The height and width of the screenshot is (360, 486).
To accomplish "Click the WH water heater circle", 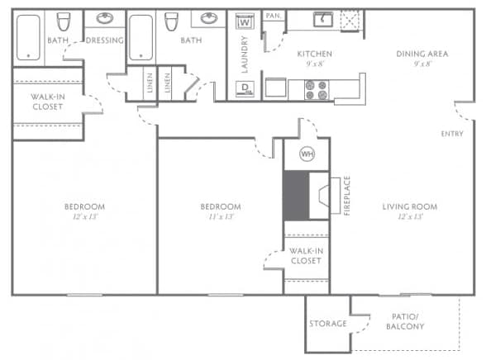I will (x=307, y=154).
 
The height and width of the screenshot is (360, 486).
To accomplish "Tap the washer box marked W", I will (x=245, y=22).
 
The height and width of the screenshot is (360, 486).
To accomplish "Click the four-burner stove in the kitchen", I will (x=317, y=88).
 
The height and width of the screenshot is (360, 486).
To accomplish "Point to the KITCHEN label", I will (x=314, y=54).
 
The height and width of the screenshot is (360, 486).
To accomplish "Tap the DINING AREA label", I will (x=422, y=54).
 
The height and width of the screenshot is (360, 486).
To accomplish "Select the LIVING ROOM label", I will (x=409, y=206).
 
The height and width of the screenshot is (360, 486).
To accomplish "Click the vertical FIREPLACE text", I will (x=348, y=196).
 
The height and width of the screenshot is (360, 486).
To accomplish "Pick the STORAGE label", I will (x=328, y=323).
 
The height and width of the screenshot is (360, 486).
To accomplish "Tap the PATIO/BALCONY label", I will (x=405, y=321).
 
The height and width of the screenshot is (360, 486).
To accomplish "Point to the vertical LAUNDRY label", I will (x=245, y=55).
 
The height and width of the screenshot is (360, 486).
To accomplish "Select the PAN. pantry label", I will (x=273, y=16).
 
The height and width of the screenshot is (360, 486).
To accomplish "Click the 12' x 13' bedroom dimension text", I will (x=84, y=218).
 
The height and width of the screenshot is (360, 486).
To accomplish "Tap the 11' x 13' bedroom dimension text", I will (x=221, y=218).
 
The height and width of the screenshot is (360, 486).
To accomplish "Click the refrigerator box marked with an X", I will (x=352, y=20).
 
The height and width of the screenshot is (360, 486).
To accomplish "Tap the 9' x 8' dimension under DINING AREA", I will (x=422, y=65).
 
